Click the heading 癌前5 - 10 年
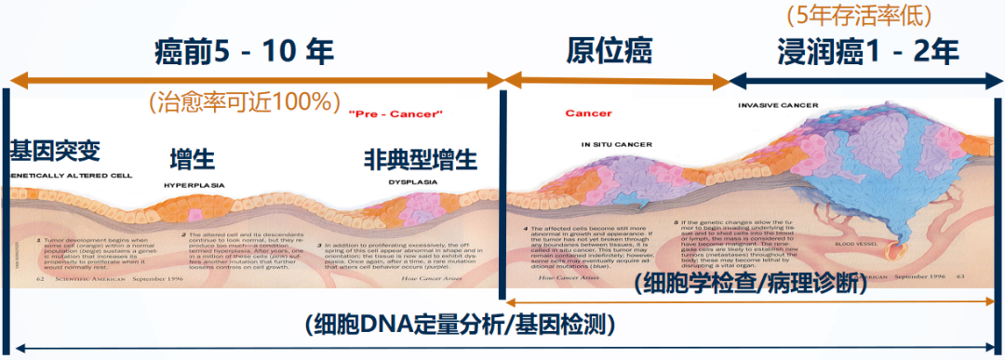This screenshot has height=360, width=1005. (x=244, y=52)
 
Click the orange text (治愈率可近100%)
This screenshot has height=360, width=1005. (x=245, y=100)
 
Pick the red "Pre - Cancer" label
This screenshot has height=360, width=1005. (x=395, y=113)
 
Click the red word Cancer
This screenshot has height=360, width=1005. (x=588, y=113)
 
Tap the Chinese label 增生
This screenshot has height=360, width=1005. (x=193, y=158)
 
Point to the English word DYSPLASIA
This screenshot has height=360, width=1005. (x=413, y=182)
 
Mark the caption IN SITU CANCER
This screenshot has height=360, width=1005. (x=616, y=144)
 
